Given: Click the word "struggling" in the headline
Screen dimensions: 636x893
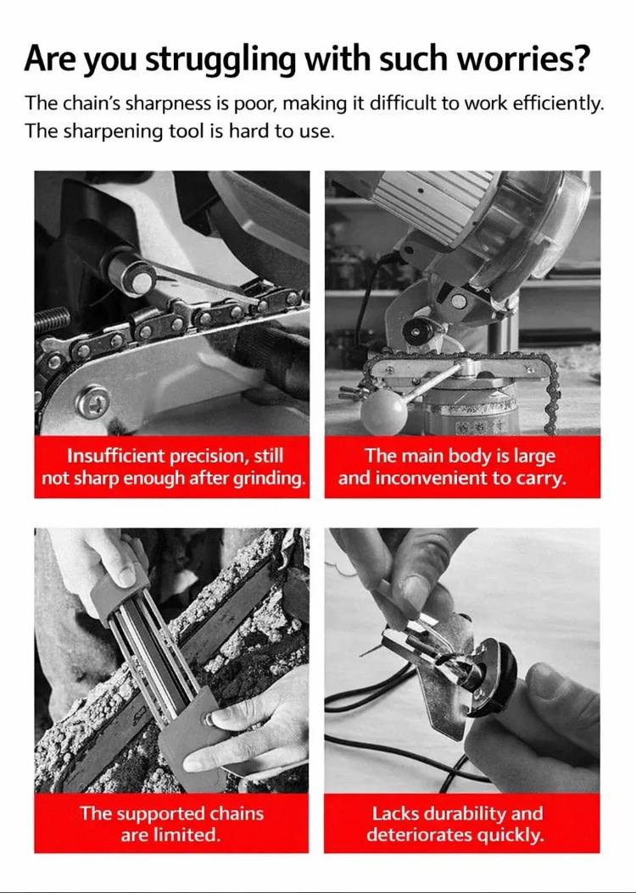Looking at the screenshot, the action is [220, 60].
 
